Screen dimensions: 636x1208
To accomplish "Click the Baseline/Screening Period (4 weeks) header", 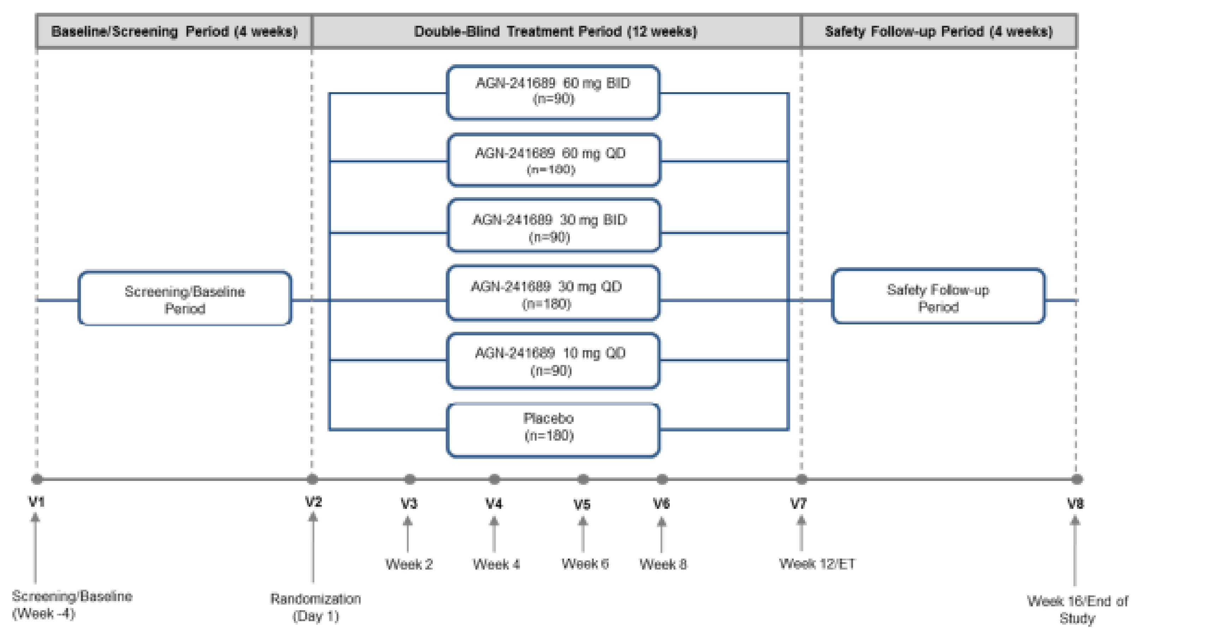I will [174, 31].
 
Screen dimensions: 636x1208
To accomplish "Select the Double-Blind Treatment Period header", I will [556, 31].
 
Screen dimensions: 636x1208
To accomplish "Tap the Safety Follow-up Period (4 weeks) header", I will [939, 31].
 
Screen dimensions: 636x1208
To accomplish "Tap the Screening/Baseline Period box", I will [185, 299].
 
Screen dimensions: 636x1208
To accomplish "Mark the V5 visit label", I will [582, 504].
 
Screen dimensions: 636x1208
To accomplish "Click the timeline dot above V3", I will [409, 479].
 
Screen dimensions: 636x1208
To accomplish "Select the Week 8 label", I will [663, 564].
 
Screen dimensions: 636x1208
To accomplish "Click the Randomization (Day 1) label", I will [316, 607].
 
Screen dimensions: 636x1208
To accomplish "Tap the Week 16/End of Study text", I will [1077, 609].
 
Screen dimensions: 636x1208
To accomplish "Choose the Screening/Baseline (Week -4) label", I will [72, 604].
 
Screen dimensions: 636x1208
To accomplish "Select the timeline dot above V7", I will [801, 479].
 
